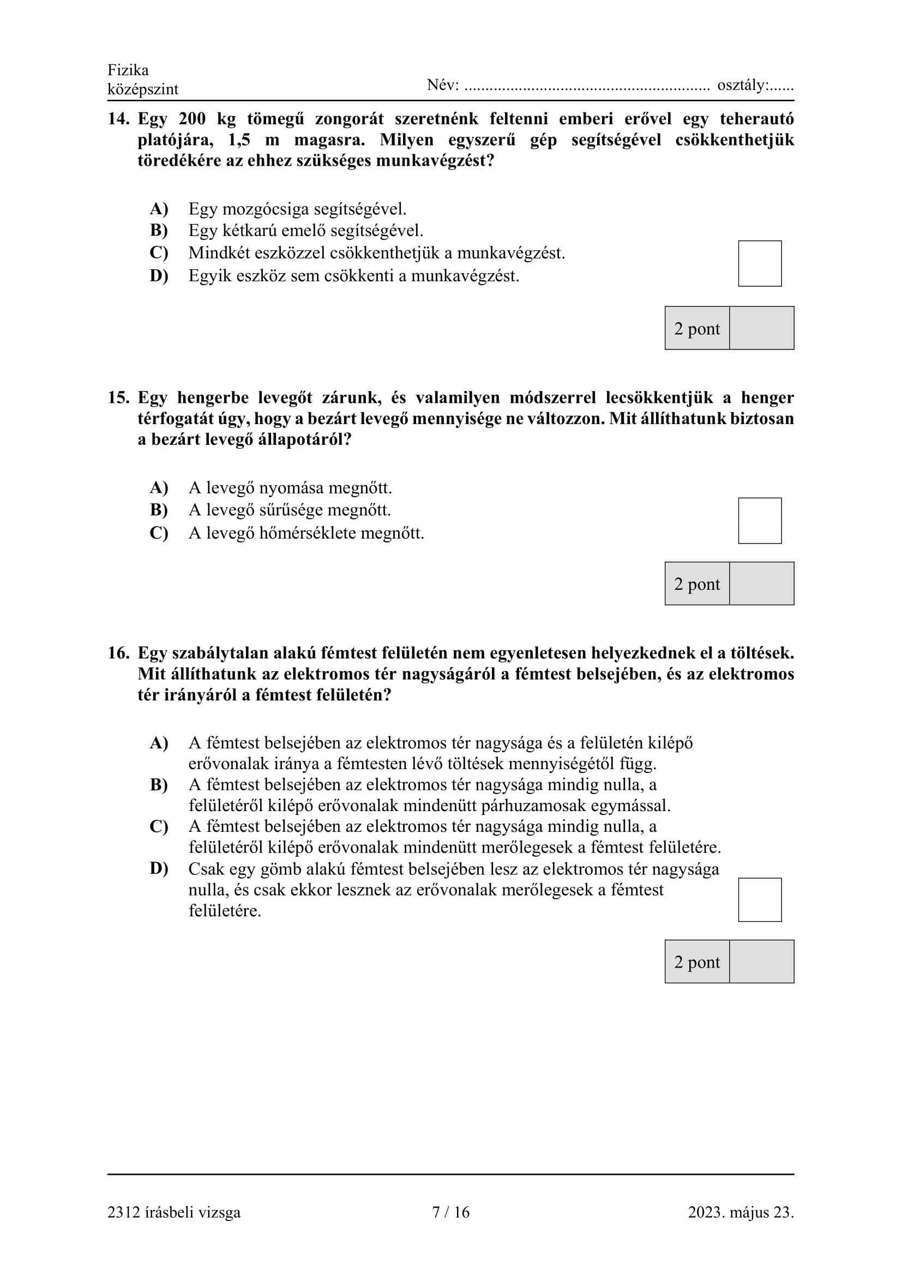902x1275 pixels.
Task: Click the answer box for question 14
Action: [x=759, y=263]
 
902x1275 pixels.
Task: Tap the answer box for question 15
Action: [x=759, y=521]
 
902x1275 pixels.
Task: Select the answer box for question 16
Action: [x=759, y=899]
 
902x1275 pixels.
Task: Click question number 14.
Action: [x=118, y=119]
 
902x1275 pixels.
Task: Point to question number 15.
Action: [x=118, y=397]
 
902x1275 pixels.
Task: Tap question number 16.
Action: [x=118, y=653]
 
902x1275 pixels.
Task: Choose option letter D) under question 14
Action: [x=159, y=275]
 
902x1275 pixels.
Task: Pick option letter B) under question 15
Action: [x=159, y=510]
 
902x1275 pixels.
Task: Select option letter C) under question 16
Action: [x=159, y=826]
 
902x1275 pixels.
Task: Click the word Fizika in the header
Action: [x=128, y=70]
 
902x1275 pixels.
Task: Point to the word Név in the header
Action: [x=442, y=85]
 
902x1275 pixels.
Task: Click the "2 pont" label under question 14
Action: [x=696, y=328]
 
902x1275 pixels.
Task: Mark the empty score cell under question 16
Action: [x=761, y=961]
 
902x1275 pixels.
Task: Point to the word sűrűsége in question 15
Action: [x=291, y=510]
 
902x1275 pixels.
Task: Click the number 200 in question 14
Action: [x=192, y=119]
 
